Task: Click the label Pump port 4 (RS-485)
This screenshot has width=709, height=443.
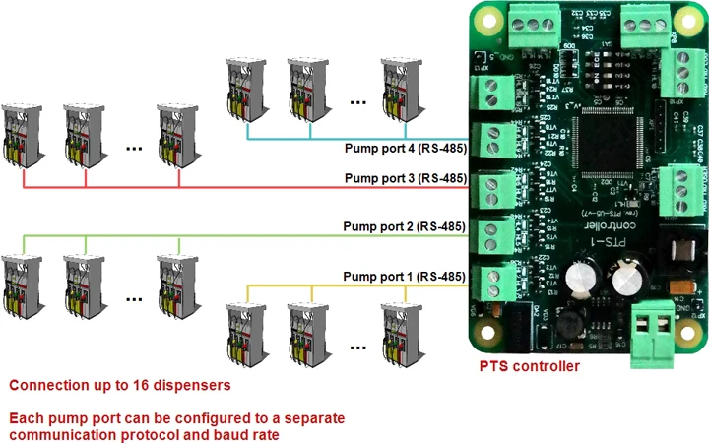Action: tap(404, 150)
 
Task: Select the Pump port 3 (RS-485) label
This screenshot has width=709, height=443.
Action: tap(404, 178)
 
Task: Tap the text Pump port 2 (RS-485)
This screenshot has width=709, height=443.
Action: tap(404, 226)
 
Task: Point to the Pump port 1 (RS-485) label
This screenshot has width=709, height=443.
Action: tap(404, 278)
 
